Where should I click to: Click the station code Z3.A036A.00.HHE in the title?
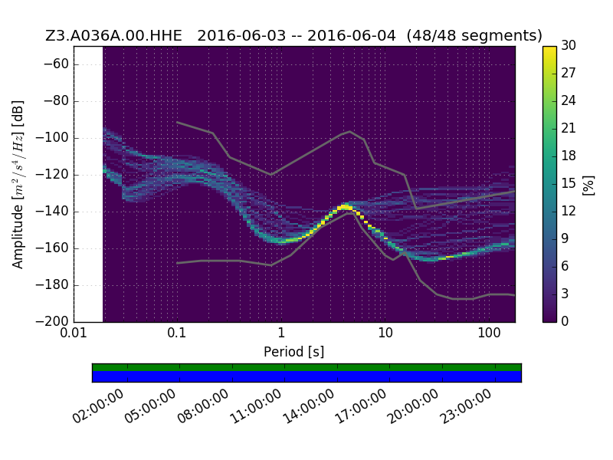click(x=113, y=35)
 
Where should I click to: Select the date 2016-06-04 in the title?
click(x=352, y=35)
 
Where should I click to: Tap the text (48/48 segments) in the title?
click(x=474, y=35)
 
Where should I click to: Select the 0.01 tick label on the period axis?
click(x=74, y=333)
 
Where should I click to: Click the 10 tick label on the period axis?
click(x=385, y=333)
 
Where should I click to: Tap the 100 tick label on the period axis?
click(x=489, y=333)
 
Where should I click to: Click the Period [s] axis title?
click(x=294, y=352)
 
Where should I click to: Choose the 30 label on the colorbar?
click(x=569, y=46)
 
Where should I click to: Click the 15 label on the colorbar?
click(x=569, y=183)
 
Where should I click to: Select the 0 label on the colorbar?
click(x=565, y=321)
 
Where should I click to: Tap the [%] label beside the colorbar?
click(x=588, y=185)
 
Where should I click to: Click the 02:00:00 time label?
click(x=98, y=407)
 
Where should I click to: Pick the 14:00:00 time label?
click(x=309, y=407)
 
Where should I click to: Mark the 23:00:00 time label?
click(x=466, y=407)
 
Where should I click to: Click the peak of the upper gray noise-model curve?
click(x=350, y=131)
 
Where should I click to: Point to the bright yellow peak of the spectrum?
click(x=344, y=206)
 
